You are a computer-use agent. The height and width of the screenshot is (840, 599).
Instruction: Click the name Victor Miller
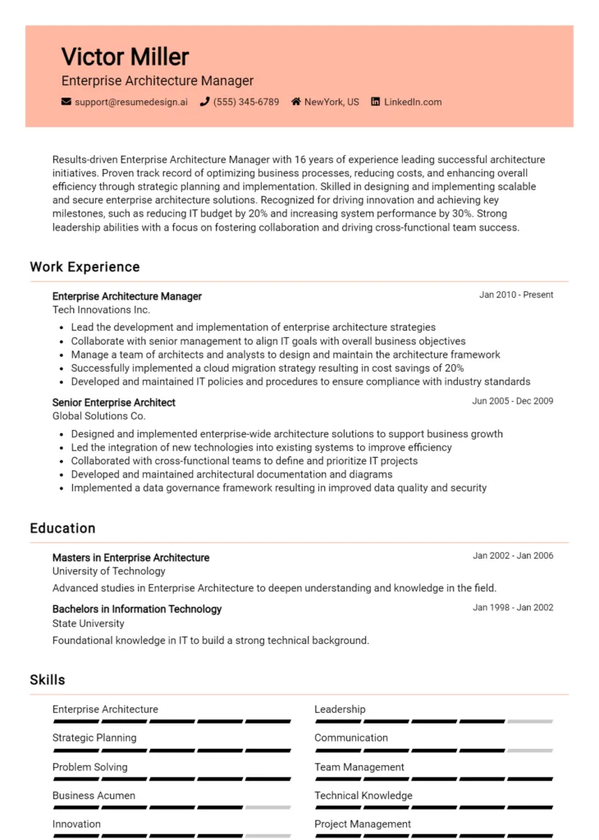125,57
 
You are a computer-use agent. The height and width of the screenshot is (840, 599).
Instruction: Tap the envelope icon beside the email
66,103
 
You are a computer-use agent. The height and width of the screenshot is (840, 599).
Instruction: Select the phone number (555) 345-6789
245,103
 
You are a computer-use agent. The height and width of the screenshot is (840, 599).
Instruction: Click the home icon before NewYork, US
296,103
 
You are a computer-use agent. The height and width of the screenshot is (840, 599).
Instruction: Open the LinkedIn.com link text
412,103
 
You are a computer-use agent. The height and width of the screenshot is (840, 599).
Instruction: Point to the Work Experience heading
85,267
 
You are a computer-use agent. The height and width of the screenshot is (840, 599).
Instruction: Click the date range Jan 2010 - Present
516,295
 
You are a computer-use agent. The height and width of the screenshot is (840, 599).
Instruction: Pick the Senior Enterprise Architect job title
113,403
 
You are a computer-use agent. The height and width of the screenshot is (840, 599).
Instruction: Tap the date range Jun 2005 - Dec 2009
513,402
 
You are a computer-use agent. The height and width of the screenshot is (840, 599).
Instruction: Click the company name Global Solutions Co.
98,416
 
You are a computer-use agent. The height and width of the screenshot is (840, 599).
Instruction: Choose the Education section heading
62,529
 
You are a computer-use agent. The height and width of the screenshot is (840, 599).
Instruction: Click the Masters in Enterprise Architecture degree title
130,558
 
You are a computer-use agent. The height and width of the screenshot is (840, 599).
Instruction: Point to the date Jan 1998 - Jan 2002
513,608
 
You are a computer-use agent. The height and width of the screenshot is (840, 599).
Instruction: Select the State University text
89,623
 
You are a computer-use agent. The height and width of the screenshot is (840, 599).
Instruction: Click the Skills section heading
48,680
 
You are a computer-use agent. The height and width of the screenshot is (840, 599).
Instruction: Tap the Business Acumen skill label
94,796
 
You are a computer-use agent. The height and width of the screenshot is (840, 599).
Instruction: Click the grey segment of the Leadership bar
529,722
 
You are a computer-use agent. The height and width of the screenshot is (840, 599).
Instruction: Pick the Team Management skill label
359,767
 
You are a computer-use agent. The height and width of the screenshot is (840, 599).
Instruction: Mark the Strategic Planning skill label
94,738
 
